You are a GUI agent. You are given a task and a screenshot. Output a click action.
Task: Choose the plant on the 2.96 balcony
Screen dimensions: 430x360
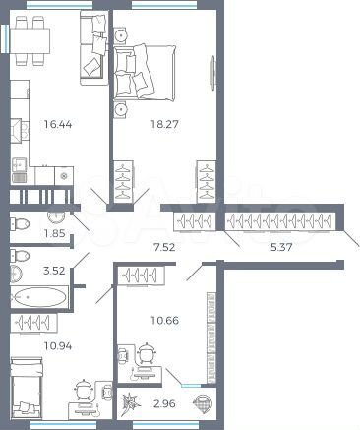(129, 402)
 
